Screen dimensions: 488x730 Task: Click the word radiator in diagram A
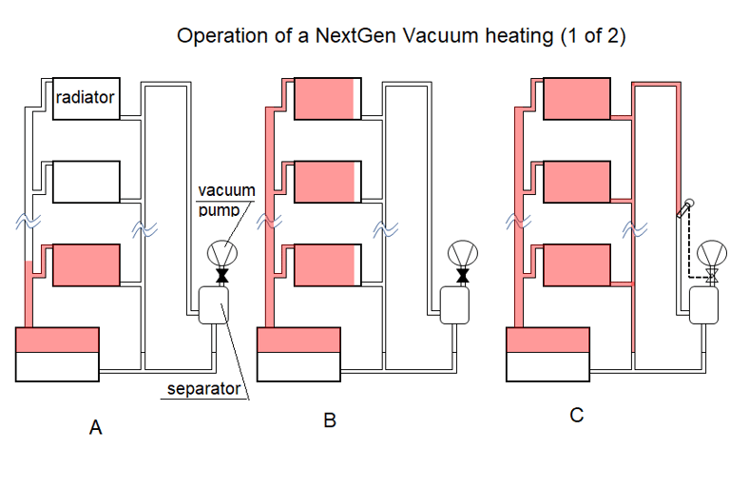pyautogui.click(x=86, y=97)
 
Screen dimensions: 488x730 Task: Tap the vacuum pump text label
pyautogui.click(x=219, y=200)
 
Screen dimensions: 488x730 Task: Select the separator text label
pyautogui.click(x=203, y=388)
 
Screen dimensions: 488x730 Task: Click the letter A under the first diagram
pyautogui.click(x=95, y=428)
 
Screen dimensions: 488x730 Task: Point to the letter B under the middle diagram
pyautogui.click(x=330, y=420)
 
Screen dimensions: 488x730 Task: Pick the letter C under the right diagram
pyautogui.click(x=577, y=415)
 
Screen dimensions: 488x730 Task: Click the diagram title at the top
pyautogui.click(x=400, y=37)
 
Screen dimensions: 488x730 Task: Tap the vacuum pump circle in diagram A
pyautogui.click(x=223, y=254)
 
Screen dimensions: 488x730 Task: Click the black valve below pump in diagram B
pyautogui.click(x=463, y=277)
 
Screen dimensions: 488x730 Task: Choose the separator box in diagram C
pyautogui.click(x=705, y=306)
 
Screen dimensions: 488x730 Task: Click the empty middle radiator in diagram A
pyautogui.click(x=86, y=182)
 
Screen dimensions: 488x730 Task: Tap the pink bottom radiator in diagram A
pyautogui.click(x=86, y=265)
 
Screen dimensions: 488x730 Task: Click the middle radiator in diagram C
pyautogui.click(x=575, y=182)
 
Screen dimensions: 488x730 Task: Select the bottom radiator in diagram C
pyautogui.click(x=575, y=265)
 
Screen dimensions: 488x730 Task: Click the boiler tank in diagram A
pyautogui.click(x=58, y=354)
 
